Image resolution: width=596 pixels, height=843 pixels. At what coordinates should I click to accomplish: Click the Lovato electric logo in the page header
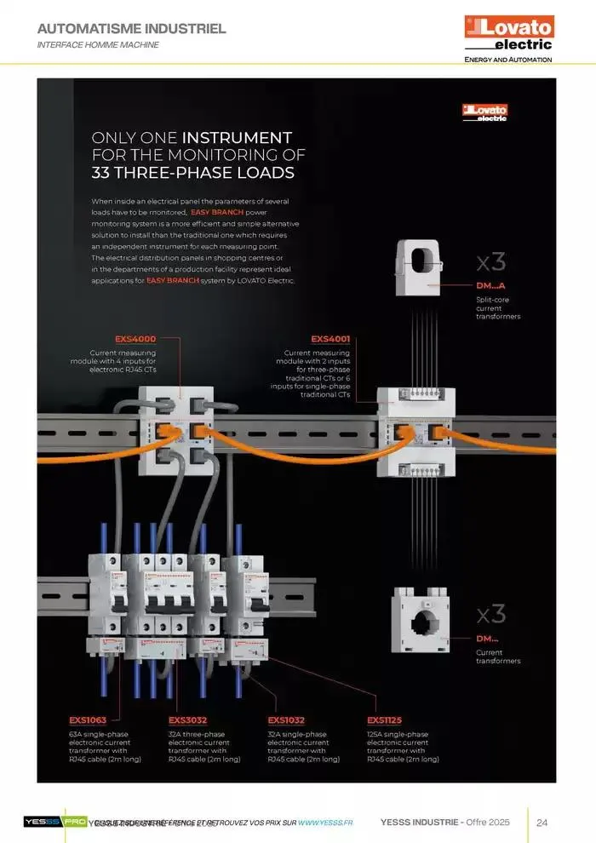pyautogui.click(x=508, y=33)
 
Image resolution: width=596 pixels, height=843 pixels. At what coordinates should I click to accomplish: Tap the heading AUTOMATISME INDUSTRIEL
pyautogui.click(x=132, y=29)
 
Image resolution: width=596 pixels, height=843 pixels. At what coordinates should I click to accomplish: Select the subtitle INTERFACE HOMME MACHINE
pyautogui.click(x=98, y=44)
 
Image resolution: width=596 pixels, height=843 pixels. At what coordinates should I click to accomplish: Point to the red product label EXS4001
pyautogui.click(x=330, y=339)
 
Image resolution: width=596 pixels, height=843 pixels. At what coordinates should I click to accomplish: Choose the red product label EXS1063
pyautogui.click(x=88, y=720)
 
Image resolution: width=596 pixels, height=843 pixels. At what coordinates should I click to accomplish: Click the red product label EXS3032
pyautogui.click(x=187, y=720)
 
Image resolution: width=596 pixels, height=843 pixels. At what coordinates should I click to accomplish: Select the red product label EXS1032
pyautogui.click(x=286, y=720)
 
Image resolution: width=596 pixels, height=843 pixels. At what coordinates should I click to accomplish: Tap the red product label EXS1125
pyautogui.click(x=385, y=720)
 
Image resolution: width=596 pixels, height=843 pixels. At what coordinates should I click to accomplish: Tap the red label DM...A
pyautogui.click(x=490, y=285)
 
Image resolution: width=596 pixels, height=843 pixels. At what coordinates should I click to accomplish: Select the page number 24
pyautogui.click(x=542, y=823)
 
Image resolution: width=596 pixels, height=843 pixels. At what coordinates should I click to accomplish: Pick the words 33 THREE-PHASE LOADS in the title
pyautogui.click(x=192, y=173)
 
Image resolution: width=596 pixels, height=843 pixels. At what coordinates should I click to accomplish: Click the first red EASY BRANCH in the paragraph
pyautogui.click(x=217, y=211)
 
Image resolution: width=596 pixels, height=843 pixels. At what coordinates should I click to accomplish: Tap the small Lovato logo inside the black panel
pyautogui.click(x=484, y=112)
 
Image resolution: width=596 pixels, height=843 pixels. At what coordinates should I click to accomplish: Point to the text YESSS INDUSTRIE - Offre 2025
pyautogui.click(x=444, y=823)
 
